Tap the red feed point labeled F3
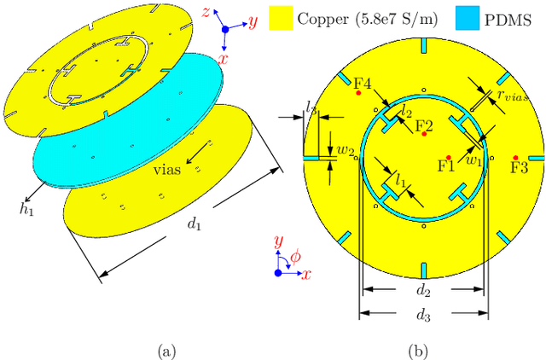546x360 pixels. (516, 157)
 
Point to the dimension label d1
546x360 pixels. (195, 224)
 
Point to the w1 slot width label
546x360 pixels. (473, 158)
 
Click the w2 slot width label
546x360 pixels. (345, 151)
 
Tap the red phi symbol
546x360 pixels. (296, 256)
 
